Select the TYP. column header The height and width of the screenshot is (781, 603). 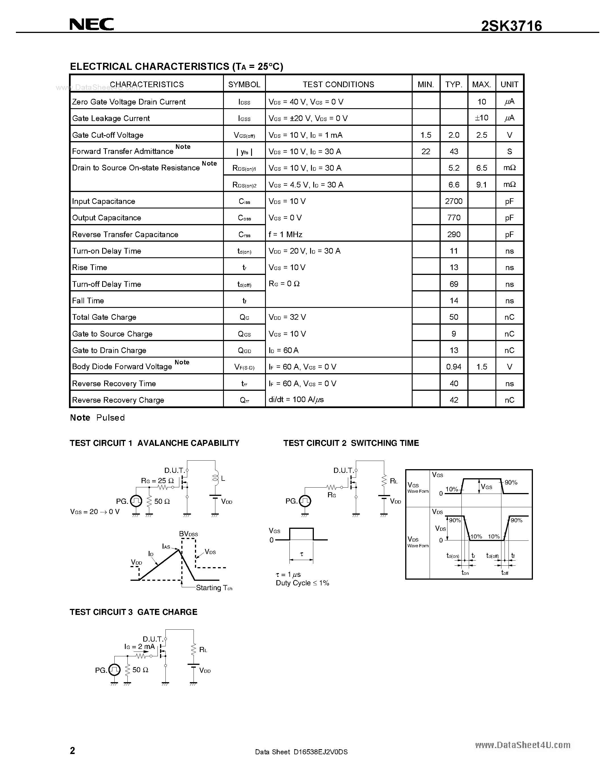(454, 84)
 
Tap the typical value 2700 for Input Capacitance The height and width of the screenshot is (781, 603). (454, 201)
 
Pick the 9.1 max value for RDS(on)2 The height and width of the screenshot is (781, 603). (482, 185)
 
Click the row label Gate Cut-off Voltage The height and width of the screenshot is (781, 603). (108, 135)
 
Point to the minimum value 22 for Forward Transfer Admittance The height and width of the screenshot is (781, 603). (426, 152)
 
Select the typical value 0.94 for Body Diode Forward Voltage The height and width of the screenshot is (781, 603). (454, 367)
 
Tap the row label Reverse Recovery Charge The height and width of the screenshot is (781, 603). (118, 400)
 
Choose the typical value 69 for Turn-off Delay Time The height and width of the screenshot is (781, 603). (454, 284)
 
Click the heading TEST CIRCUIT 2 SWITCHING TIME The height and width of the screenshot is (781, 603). (351, 443)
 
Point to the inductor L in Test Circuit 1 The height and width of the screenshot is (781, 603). (215, 478)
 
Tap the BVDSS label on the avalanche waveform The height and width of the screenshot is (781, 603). (188, 534)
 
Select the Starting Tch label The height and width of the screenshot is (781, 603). (214, 588)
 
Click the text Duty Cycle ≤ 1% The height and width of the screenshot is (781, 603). (302, 583)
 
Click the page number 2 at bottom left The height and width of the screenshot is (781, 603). (73, 750)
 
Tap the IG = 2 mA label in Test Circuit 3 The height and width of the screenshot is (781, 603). (139, 647)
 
